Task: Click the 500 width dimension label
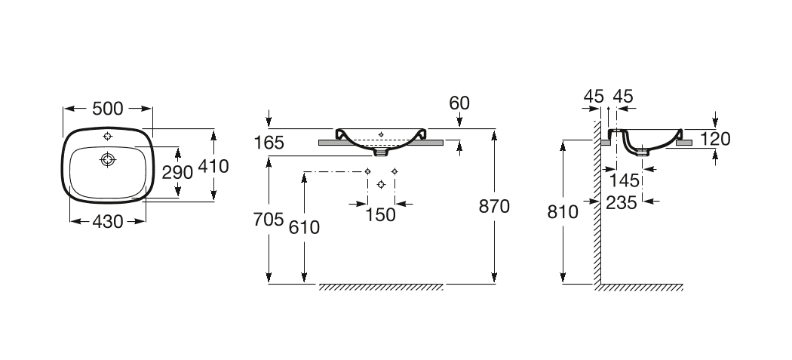tap(108, 108)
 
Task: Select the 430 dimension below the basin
tap(108, 221)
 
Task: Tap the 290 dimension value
tap(177, 172)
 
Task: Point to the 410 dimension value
tap(213, 166)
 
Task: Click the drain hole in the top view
tap(108, 160)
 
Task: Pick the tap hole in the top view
tap(108, 136)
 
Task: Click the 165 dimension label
tap(269, 143)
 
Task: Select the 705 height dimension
tap(269, 220)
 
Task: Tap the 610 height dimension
tap(304, 227)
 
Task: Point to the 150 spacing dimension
tap(380, 215)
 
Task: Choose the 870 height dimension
tap(495, 206)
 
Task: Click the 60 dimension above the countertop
tap(459, 103)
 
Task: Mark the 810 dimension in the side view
tap(563, 212)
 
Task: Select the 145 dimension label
tap(625, 180)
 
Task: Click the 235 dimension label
tap(622, 203)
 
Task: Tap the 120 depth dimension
tap(715, 139)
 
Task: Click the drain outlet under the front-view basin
tap(382, 152)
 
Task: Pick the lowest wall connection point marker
tap(381, 185)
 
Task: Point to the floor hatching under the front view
tap(381, 288)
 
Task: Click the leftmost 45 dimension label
tap(594, 96)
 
